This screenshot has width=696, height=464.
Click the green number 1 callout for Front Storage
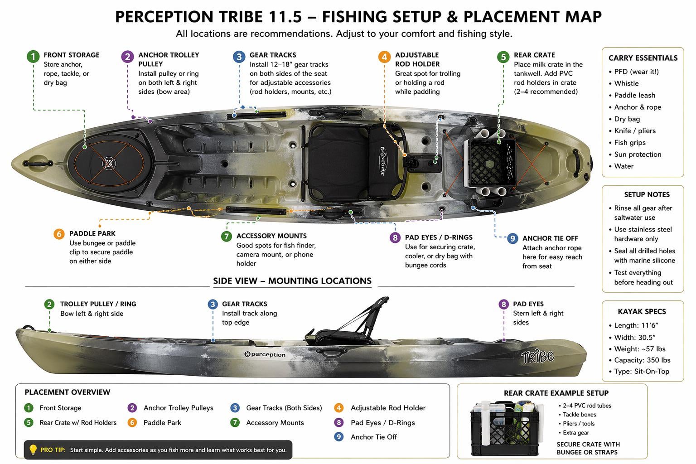point(33,57)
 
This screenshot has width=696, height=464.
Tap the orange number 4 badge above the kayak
point(384,57)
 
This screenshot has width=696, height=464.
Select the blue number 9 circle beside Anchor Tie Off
point(512,238)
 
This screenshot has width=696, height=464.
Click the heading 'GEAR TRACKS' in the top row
point(272,55)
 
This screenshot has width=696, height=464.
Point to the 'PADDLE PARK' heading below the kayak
point(92,233)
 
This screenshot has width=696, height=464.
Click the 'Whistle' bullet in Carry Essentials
point(626,83)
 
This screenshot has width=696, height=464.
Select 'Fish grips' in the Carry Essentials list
point(629,142)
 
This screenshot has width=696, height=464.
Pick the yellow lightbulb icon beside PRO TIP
point(33,449)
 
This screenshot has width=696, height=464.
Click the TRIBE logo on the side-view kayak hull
point(537,357)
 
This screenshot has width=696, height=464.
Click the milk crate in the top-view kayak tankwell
point(490,162)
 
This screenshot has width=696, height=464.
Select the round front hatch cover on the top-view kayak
point(109,163)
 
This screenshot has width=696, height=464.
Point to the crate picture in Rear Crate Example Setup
point(505,428)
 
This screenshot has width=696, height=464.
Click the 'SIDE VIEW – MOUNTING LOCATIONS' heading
point(292,281)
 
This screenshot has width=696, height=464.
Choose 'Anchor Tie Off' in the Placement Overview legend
point(373,437)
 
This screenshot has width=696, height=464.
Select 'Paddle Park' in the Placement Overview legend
point(162,423)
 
